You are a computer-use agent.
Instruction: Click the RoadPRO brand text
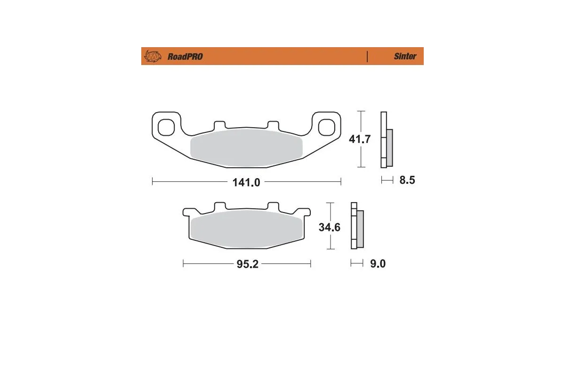pos(185,57)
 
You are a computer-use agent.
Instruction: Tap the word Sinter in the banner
pos(405,57)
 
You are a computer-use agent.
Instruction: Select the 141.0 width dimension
pos(246,182)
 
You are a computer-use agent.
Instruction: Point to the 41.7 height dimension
pos(360,139)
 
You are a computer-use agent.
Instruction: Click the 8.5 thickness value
pos(407,180)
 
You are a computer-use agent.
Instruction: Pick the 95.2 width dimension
pos(247,264)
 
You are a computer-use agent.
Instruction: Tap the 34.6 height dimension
pos(330,227)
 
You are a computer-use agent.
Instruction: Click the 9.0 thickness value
pos(377,264)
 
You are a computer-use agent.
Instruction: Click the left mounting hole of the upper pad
pos(166,127)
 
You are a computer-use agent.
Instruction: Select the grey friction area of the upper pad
pos(246,148)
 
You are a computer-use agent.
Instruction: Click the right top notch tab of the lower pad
pos(273,206)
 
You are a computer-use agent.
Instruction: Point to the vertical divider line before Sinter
pos(367,57)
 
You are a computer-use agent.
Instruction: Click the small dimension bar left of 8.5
pos(387,180)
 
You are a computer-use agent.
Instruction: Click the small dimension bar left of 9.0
pos(357,264)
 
